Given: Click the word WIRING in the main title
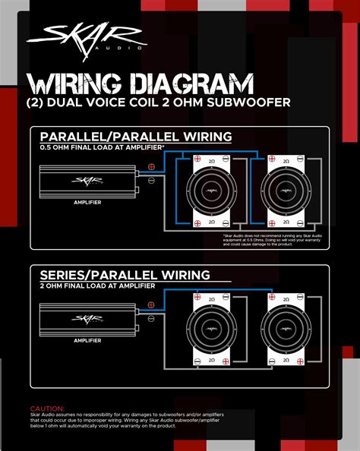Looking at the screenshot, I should pyautogui.click(x=71, y=81).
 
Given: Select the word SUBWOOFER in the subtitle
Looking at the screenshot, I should pyautogui.click(x=228, y=102).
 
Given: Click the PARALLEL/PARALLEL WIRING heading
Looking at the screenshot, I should pyautogui.click(x=136, y=137).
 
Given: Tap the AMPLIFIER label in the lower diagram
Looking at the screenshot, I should pyautogui.click(x=88, y=341).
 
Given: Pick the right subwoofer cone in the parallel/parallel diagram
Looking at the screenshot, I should pyautogui.click(x=282, y=191).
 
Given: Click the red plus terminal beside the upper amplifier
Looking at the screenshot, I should pyautogui.click(x=151, y=167).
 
